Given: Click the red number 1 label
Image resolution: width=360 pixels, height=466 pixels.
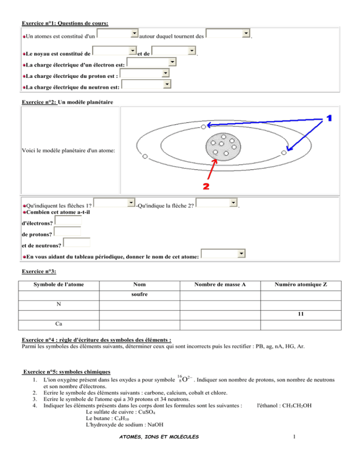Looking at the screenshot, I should (x=329, y=119).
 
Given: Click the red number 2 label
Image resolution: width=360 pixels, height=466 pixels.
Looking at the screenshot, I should (x=205, y=186).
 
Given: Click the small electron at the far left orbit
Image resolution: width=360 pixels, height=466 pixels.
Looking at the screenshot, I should (x=145, y=156).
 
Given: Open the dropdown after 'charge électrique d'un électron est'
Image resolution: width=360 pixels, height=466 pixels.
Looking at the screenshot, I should (x=151, y=62).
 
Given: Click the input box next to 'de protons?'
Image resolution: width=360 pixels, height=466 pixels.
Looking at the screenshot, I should (x=67, y=231).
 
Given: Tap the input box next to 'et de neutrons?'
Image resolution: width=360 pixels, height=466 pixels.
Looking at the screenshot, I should (x=76, y=242).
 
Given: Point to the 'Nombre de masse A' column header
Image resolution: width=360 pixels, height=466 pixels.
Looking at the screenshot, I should (x=220, y=285).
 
